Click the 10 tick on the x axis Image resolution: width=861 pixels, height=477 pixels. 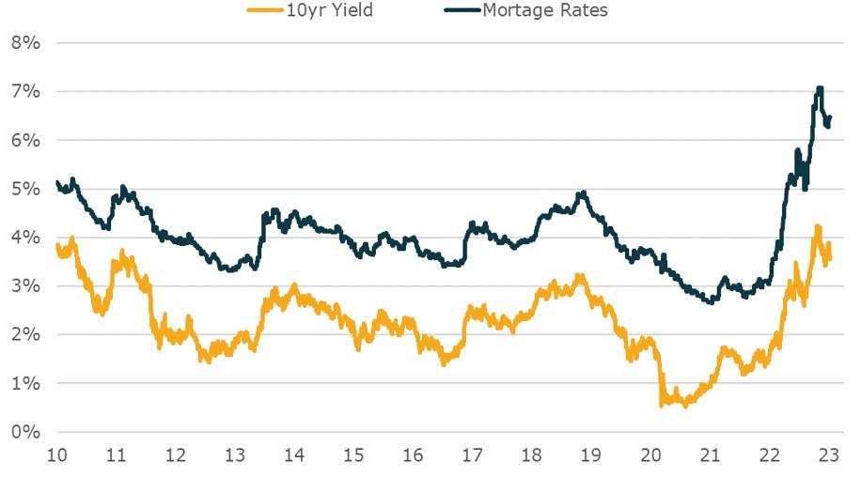coord(56,456)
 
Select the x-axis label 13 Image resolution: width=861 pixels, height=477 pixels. coord(235,456)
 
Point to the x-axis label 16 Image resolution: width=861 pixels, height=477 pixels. coord(413,456)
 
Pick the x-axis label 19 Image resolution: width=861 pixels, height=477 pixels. coord(591,456)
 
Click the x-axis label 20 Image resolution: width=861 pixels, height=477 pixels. coord(650,456)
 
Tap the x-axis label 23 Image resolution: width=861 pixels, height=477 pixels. coord(829,456)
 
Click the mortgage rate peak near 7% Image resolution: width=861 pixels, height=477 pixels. coord(820,89)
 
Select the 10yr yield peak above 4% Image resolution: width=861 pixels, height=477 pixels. coord(818,227)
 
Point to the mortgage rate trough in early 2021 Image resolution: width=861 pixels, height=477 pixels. coord(712,300)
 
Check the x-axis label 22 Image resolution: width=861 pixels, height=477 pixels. coord(770,456)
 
